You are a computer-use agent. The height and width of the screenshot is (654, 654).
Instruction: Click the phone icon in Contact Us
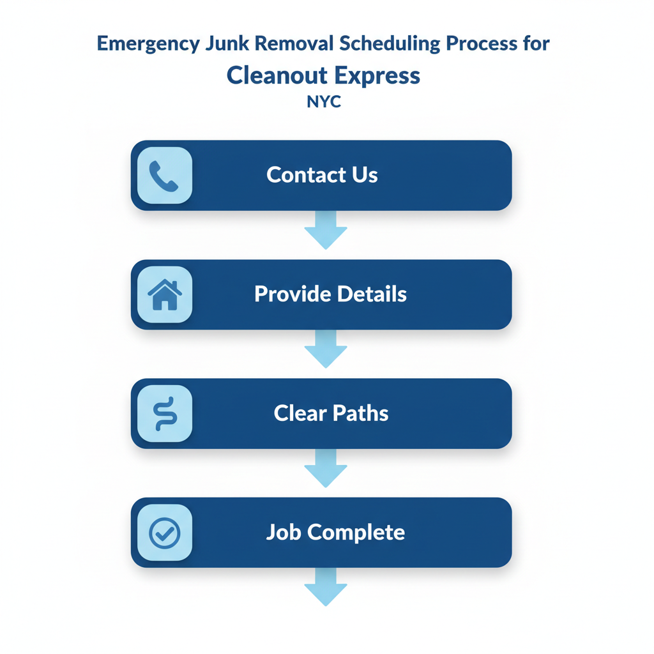pyautogui.click(x=164, y=176)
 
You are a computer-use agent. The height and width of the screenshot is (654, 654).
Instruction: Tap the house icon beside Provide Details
pyautogui.click(x=164, y=295)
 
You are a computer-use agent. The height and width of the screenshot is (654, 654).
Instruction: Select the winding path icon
pyautogui.click(x=164, y=414)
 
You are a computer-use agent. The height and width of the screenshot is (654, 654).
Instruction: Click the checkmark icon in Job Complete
pyautogui.click(x=164, y=533)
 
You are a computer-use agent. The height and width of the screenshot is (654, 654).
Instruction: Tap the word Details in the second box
pyautogui.click(x=372, y=294)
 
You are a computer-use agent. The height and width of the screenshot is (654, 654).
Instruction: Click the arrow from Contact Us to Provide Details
pyautogui.click(x=326, y=231)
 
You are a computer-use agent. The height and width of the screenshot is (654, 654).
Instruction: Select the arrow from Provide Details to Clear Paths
pyautogui.click(x=326, y=350)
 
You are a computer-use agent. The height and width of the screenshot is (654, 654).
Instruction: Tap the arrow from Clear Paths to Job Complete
pyautogui.click(x=326, y=469)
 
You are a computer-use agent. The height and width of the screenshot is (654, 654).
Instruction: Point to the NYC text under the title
pyautogui.click(x=324, y=102)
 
